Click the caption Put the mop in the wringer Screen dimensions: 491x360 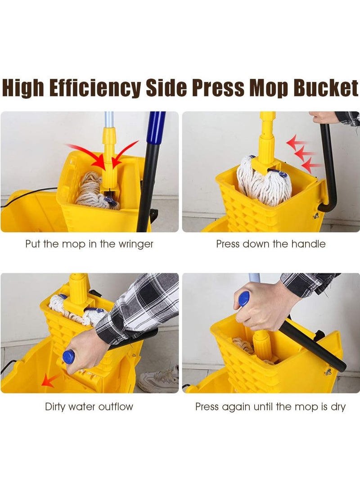tap(89, 244)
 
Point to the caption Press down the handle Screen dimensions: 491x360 tap(270, 244)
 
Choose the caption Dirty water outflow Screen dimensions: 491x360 tap(89, 407)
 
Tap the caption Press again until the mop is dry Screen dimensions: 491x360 tap(270, 407)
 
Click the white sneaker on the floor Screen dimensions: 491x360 tap(158, 380)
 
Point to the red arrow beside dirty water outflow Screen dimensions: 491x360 tap(50, 381)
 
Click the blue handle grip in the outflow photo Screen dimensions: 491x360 tap(69, 356)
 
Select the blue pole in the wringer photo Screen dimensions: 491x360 tap(156, 131)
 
